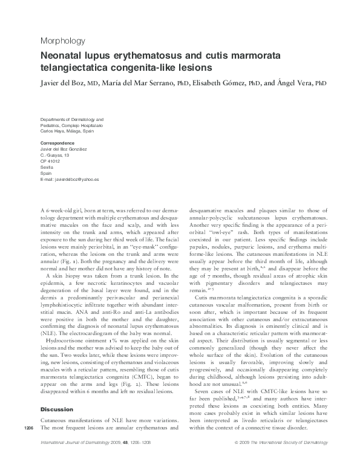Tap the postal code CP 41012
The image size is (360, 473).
click(x=50, y=161)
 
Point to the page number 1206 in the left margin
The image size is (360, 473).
click(x=28, y=445)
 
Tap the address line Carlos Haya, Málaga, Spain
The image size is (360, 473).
click(x=67, y=131)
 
